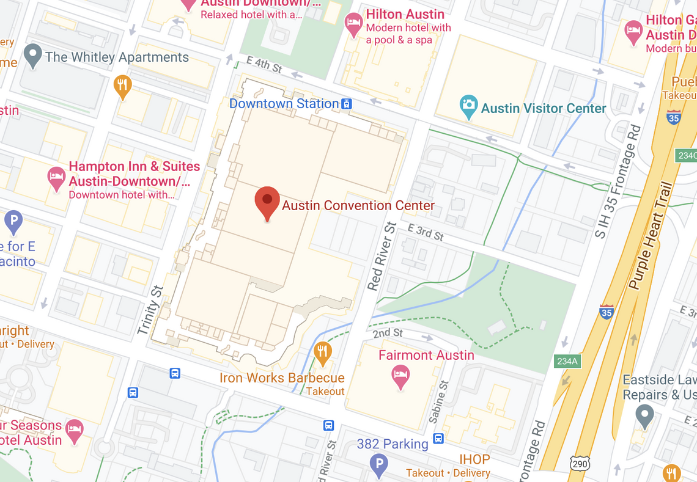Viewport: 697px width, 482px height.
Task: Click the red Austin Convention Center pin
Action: tap(267, 202)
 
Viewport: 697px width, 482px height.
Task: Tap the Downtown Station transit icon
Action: tap(347, 104)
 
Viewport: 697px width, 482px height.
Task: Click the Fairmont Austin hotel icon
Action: tap(400, 376)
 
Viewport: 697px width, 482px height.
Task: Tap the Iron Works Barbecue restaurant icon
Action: tap(322, 352)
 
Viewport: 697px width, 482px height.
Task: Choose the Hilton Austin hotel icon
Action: tap(353, 24)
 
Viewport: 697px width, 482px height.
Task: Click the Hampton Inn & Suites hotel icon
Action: tap(56, 178)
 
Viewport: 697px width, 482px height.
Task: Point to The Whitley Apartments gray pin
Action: tap(32, 56)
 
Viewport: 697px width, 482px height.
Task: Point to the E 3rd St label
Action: tap(426, 232)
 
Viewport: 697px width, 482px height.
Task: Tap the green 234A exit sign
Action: tap(567, 361)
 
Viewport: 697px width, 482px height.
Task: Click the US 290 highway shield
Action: tap(579, 464)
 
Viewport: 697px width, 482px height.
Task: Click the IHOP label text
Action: tap(474, 459)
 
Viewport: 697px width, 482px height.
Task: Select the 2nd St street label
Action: tap(388, 333)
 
